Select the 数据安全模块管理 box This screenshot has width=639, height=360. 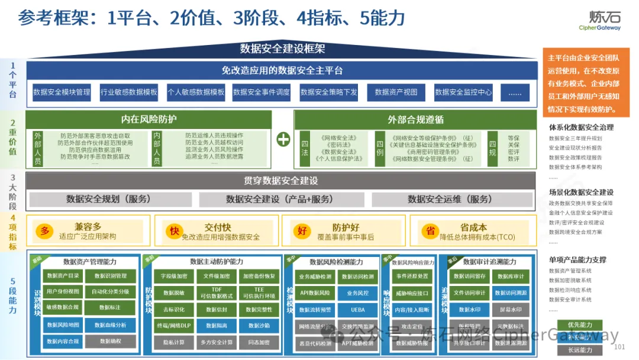pyautogui.click(x=62, y=92)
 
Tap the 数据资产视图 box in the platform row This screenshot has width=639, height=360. pyautogui.click(x=396, y=92)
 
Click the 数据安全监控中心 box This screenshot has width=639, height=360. pyautogui.click(x=463, y=92)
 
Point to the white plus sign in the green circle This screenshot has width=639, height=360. pyautogui.click(x=283, y=139)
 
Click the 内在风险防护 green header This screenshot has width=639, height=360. pyautogui.click(x=149, y=119)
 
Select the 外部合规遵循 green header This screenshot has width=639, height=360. pyautogui.click(x=415, y=119)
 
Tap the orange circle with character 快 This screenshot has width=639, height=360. pyautogui.click(x=174, y=231)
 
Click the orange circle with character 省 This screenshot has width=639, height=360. pyautogui.click(x=430, y=231)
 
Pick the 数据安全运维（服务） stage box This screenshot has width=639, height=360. pyautogui.click(x=449, y=199)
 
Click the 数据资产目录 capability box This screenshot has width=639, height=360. pyautogui.click(x=63, y=276)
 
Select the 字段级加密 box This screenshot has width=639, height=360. pyautogui.click(x=174, y=276)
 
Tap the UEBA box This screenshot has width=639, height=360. pyautogui.click(x=357, y=309)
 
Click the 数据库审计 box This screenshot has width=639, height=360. pyautogui.click(x=511, y=276)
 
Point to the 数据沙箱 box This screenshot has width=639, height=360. pyautogui.click(x=259, y=325)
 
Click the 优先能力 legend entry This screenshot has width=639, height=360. pyautogui.click(x=579, y=324)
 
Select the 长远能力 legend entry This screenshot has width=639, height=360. pyautogui.click(x=579, y=350)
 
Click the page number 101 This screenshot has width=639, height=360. pyautogui.click(x=620, y=347)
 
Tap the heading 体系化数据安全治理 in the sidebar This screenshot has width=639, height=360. pyautogui.click(x=581, y=127)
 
